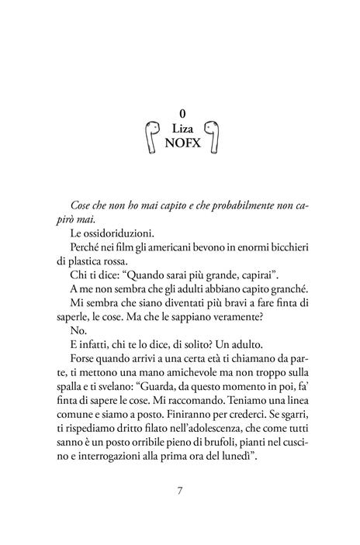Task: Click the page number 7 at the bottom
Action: pyautogui.click(x=180, y=491)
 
